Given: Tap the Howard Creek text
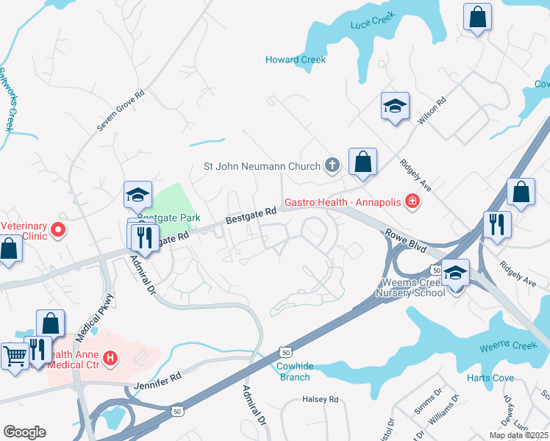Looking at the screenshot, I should click(x=296, y=60).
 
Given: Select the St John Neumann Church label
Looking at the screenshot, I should click(x=261, y=166).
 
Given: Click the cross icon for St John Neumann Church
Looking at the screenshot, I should click(x=332, y=165).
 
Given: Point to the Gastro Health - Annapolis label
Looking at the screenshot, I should click(x=343, y=201).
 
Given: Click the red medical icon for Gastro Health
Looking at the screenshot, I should click(x=412, y=201).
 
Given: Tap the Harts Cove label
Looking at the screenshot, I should click(x=489, y=378).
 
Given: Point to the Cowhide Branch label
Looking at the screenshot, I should click(x=293, y=371).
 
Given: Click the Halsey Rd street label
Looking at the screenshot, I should click(x=320, y=399).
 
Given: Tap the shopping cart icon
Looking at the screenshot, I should click(x=14, y=356).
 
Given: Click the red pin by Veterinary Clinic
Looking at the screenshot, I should click(x=57, y=232).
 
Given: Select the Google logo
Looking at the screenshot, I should click(x=24, y=432).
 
